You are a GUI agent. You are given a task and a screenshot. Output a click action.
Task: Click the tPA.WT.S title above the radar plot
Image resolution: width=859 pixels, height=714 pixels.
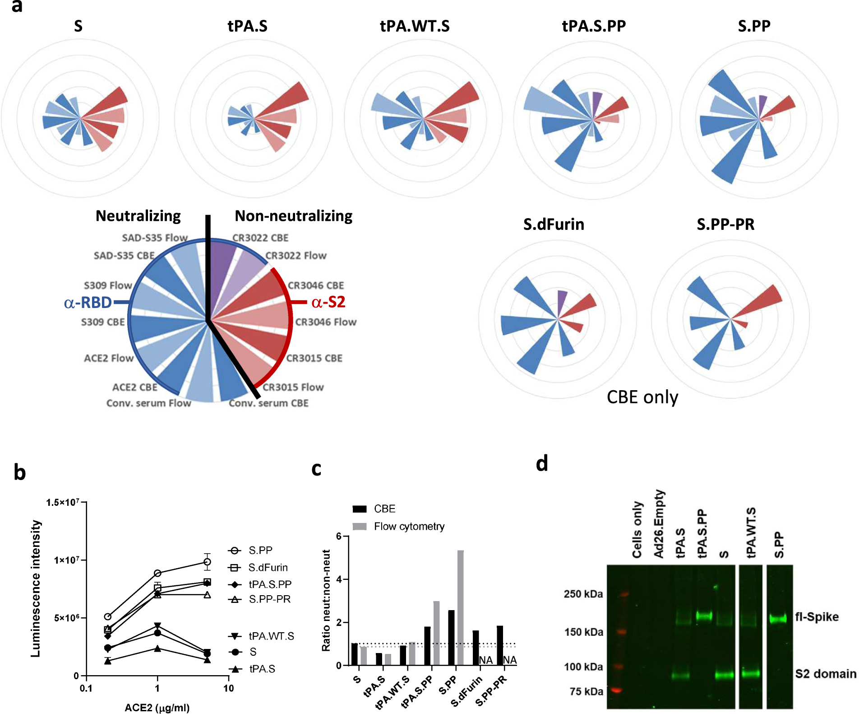pyautogui.click(x=415, y=26)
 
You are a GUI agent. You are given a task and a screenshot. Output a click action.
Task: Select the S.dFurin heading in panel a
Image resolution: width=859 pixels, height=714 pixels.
pyautogui.click(x=554, y=224)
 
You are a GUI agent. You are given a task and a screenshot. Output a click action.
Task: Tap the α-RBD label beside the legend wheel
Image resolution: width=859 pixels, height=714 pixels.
pyautogui.click(x=88, y=303)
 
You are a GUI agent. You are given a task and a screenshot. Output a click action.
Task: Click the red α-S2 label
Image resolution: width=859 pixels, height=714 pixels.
pyautogui.click(x=328, y=302)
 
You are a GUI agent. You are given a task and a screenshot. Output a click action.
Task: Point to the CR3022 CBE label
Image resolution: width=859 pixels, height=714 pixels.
pyautogui.click(x=260, y=238)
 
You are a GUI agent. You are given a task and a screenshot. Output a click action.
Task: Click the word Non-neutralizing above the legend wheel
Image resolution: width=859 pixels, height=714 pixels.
pyautogui.click(x=294, y=216)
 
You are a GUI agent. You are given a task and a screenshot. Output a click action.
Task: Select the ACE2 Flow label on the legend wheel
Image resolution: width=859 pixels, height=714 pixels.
pyautogui.click(x=109, y=358)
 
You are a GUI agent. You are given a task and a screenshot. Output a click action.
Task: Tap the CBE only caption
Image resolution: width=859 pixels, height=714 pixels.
pyautogui.click(x=642, y=397)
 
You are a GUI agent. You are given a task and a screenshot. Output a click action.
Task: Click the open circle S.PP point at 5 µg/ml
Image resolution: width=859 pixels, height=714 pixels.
pyautogui.click(x=207, y=562)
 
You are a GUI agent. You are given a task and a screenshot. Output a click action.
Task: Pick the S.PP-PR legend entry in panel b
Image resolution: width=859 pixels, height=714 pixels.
pyautogui.click(x=269, y=599)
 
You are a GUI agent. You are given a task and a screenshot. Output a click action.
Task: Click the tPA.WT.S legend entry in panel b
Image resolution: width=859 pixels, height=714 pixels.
pyautogui.click(x=271, y=636)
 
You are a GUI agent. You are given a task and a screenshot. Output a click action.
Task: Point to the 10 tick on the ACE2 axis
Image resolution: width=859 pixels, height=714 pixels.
pyautogui.click(x=229, y=688)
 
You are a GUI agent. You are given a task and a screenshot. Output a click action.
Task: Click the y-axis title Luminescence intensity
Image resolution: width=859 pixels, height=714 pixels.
pyautogui.click(x=36, y=588)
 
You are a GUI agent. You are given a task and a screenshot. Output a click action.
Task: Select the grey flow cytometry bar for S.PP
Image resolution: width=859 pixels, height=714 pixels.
pyautogui.click(x=461, y=607)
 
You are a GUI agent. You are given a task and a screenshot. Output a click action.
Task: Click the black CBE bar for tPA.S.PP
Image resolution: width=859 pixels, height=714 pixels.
pyautogui.click(x=427, y=646)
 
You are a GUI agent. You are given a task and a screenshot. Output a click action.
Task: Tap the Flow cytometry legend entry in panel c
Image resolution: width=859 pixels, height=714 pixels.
pyautogui.click(x=409, y=527)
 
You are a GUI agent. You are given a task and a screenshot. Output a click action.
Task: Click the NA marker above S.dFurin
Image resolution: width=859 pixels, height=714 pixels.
pyautogui.click(x=485, y=660)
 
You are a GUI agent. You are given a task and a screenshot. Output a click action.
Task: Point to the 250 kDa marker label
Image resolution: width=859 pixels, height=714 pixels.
pyautogui.click(x=583, y=594)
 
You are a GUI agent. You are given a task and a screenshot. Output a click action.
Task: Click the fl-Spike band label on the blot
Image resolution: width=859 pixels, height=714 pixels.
pyautogui.click(x=817, y=617)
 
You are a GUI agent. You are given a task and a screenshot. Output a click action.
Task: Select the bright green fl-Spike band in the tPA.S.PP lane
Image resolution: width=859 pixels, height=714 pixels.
pyautogui.click(x=704, y=616)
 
